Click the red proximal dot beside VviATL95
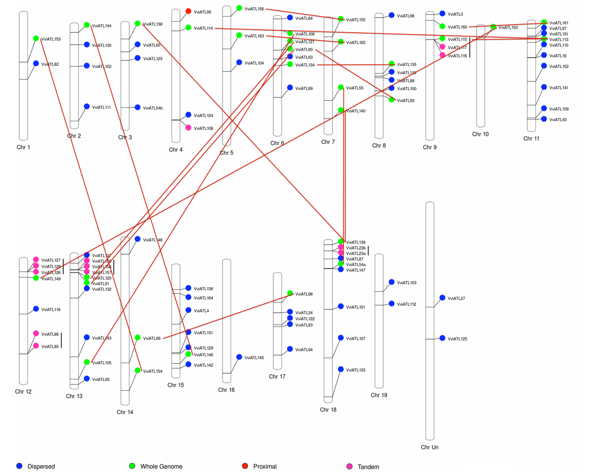click(188, 11)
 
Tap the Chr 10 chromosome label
click(480, 134)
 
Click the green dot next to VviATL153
click(36, 38)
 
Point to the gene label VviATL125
click(457, 339)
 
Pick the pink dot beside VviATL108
click(188, 128)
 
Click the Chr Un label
click(430, 447)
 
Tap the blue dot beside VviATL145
click(239, 357)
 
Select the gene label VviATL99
click(152, 338)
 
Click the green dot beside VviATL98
click(290, 293)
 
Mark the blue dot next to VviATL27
click(442, 298)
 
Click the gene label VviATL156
click(254, 9)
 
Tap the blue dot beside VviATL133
click(341, 369)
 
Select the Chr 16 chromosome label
click(226, 390)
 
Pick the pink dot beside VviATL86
click(36, 333)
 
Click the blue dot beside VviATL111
click(87, 106)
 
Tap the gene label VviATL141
click(559, 88)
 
